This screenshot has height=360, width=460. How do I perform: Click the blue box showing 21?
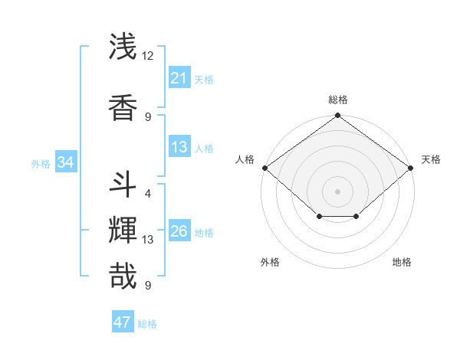(x=179, y=78)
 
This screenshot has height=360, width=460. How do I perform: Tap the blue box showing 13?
(x=179, y=148)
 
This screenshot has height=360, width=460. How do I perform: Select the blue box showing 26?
(x=179, y=232)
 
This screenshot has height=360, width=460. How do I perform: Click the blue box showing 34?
(x=65, y=162)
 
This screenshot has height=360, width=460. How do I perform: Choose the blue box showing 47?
(x=123, y=322)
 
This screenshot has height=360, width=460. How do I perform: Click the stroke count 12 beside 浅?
(x=148, y=56)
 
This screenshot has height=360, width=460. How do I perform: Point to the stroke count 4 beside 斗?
(x=147, y=193)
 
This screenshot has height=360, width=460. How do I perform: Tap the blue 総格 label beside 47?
(x=147, y=324)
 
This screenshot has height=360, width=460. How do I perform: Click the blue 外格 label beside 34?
(x=41, y=163)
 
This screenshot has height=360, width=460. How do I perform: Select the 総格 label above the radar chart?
(x=337, y=100)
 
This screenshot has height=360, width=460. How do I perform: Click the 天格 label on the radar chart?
(x=431, y=159)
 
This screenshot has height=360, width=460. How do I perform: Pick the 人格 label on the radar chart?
(x=245, y=159)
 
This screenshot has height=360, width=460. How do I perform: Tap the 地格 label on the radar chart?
(x=402, y=262)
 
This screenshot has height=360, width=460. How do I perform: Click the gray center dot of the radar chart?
(x=337, y=191)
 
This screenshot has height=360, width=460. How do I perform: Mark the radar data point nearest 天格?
(x=411, y=168)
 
